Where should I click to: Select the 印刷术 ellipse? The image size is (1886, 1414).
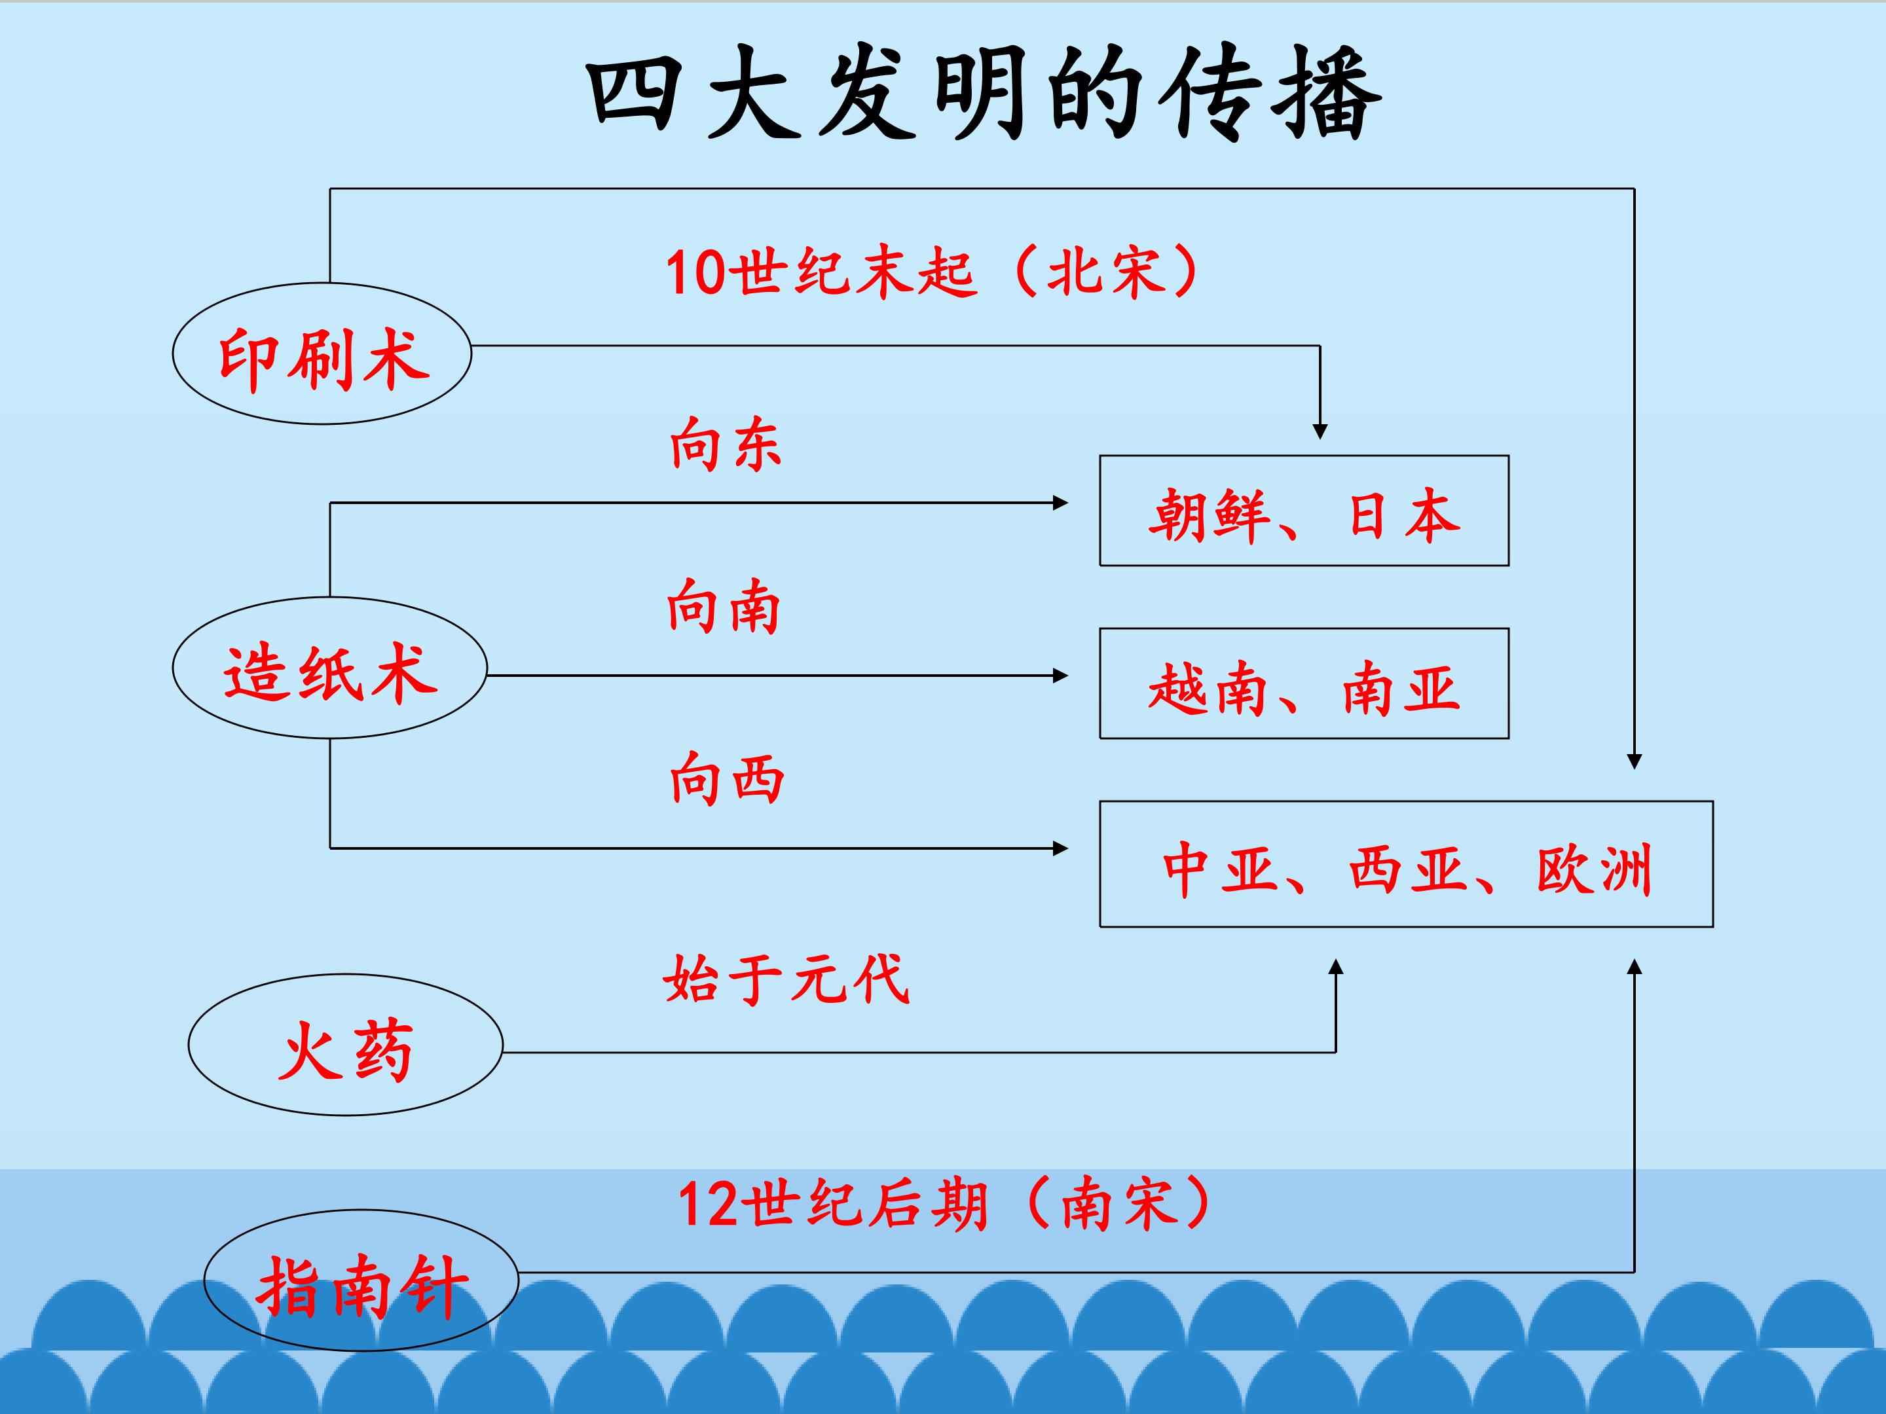coord(322,353)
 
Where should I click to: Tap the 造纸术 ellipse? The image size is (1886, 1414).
coord(329,667)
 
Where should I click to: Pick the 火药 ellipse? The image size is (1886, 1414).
coord(345,1045)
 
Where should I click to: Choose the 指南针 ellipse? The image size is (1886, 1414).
coord(361,1280)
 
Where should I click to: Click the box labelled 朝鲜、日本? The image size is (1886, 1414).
coord(1304,511)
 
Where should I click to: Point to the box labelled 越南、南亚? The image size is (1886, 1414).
coord(1304,683)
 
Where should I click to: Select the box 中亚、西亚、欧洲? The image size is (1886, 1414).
coord(1406,864)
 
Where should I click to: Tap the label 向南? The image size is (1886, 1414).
coord(723,606)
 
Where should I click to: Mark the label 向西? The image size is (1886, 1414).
coord(726,778)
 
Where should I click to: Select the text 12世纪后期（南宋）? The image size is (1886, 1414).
coord(942,1203)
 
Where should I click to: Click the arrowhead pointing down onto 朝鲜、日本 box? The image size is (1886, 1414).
coord(1320,431)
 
